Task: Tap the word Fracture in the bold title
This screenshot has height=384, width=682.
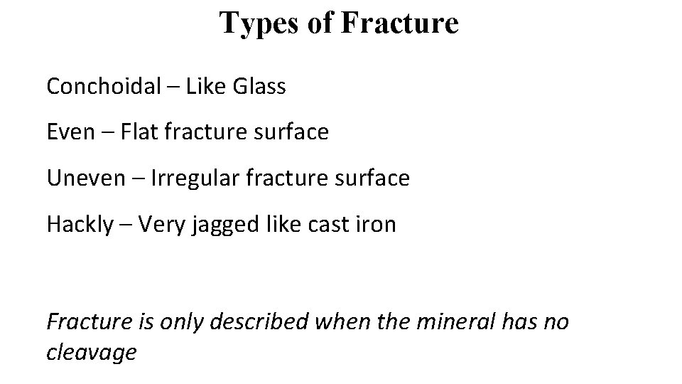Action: coord(400,23)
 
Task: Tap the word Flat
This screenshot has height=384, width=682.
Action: coord(139,132)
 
